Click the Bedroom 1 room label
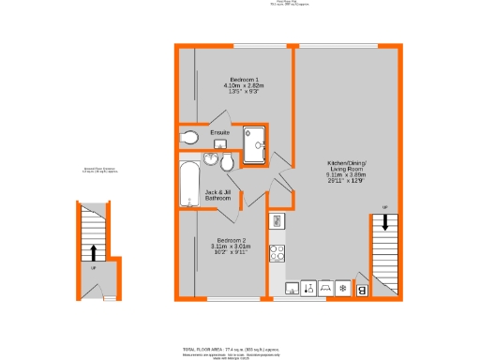coord(243,85)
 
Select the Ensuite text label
coord(220,132)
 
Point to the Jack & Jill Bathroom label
coord(218,196)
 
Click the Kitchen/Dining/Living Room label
coord(347,169)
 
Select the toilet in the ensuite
coord(188,137)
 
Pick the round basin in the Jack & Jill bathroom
coord(225,164)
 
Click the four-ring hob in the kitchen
coord(277,252)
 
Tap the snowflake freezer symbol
coord(342,288)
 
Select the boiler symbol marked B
coord(362,290)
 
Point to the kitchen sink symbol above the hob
coord(277,222)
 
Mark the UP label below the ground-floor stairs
coord(93,268)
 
